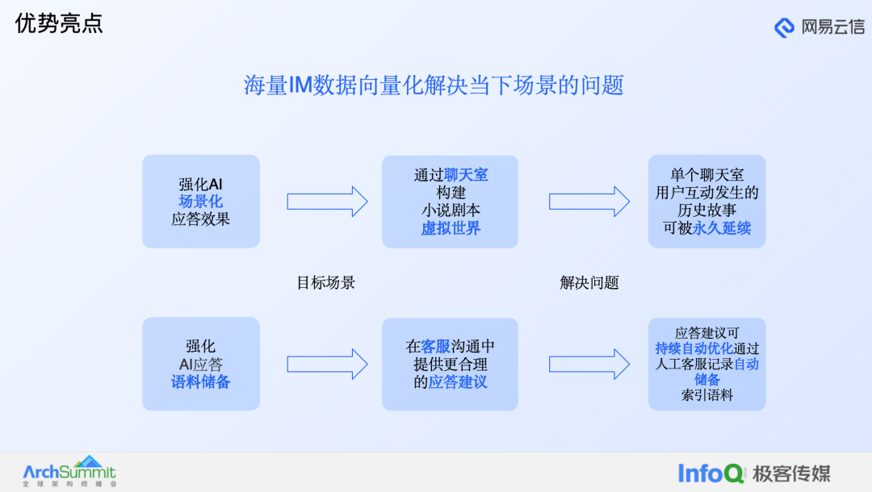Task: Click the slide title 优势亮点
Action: point(59,23)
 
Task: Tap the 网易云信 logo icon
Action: point(784,27)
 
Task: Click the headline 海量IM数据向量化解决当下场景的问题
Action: point(434,85)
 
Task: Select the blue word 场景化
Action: point(200,202)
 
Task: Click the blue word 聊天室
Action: point(466,175)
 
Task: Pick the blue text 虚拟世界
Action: point(450,228)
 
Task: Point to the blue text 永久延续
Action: point(721,228)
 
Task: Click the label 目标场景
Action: point(325,282)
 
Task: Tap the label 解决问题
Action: point(589,282)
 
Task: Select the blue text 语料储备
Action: point(200,382)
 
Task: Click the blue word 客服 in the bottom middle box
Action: point(436,347)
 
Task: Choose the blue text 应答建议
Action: point(458,382)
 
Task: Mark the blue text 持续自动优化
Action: point(694,348)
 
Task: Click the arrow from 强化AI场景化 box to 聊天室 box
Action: point(327,202)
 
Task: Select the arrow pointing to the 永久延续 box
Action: point(589,202)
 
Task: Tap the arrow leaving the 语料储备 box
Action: point(327,364)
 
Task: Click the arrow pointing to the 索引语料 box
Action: point(589,364)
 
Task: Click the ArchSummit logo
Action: point(69,472)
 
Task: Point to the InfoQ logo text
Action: point(711,473)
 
